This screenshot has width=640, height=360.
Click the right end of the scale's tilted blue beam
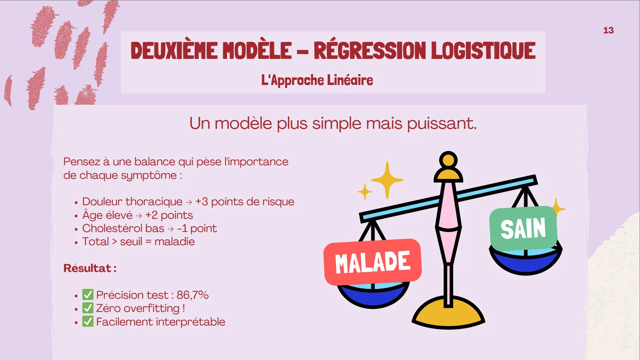(x=536, y=180)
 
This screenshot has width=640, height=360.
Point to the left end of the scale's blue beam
(x=361, y=218)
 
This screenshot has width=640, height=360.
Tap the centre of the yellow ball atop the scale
(x=448, y=160)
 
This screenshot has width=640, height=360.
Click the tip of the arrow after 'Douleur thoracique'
(x=192, y=202)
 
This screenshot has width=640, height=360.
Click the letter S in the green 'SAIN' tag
(x=506, y=229)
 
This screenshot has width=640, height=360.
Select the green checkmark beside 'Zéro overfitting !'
(x=88, y=308)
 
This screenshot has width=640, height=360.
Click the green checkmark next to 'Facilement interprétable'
(x=88, y=321)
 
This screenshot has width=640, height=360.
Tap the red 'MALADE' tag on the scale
(x=373, y=262)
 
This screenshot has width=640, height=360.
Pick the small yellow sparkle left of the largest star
(x=364, y=192)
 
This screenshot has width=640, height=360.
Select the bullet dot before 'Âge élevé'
(x=76, y=216)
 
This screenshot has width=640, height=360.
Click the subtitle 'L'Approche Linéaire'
(x=317, y=80)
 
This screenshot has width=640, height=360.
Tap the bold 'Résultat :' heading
(x=90, y=268)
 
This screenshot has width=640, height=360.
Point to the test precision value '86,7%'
(x=193, y=295)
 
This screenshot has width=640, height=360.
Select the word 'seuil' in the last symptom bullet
(x=131, y=242)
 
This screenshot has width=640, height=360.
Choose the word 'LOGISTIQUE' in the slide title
(x=483, y=50)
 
